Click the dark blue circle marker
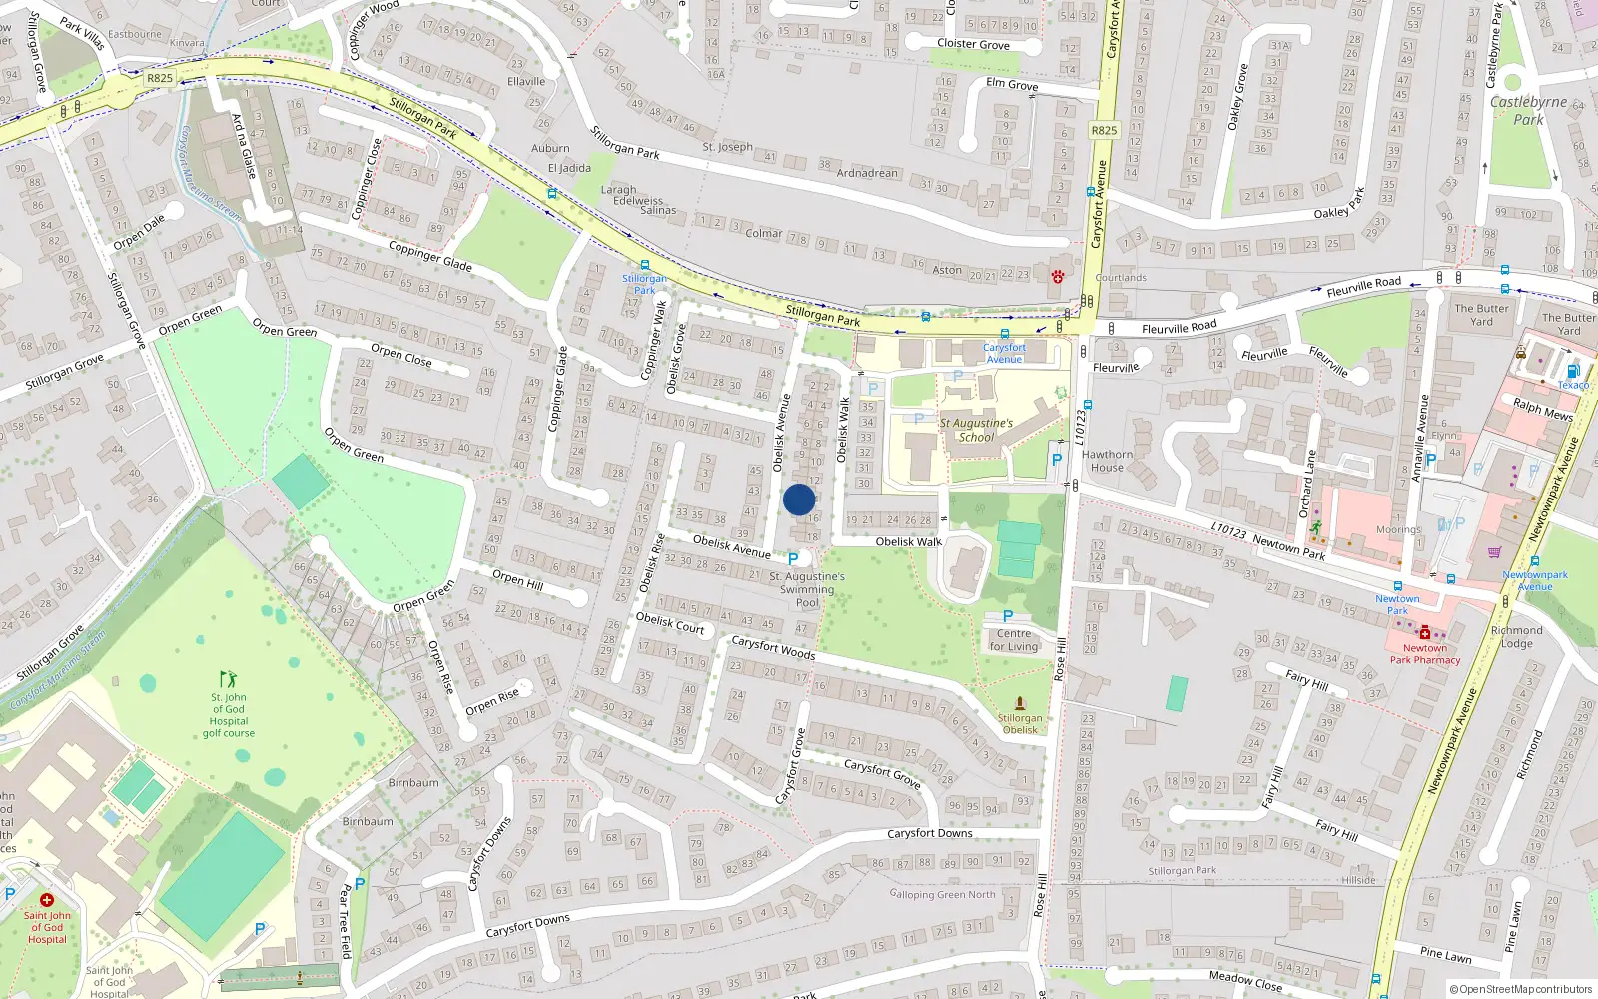click(x=799, y=499)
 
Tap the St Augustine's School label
click(x=976, y=430)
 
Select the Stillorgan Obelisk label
click(x=1020, y=723)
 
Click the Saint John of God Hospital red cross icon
click(x=46, y=900)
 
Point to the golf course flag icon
click(x=228, y=679)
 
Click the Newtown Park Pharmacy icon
click(x=1425, y=633)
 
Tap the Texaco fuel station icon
click(x=1573, y=371)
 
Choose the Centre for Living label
click(x=1014, y=640)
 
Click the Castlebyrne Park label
click(x=1528, y=110)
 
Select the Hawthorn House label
click(x=1107, y=461)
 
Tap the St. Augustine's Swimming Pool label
click(x=807, y=589)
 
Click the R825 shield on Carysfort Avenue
click(x=1104, y=130)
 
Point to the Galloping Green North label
click(x=942, y=894)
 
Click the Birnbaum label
click(x=413, y=782)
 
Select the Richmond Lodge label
click(x=1516, y=636)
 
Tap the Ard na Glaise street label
click(x=245, y=145)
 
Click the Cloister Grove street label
click(x=973, y=44)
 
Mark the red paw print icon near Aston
click(x=1058, y=276)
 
